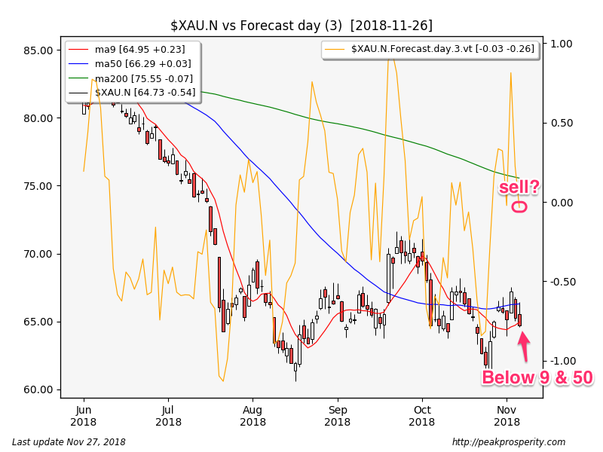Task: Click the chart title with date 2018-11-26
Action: (x=301, y=26)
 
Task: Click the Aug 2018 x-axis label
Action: (x=253, y=416)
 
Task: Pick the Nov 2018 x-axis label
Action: (x=507, y=416)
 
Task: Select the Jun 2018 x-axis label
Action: (x=83, y=416)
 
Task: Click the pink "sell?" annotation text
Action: (x=519, y=187)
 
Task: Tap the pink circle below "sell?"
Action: (x=519, y=206)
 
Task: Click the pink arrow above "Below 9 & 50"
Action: (x=523, y=346)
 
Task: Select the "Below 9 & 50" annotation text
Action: (x=537, y=378)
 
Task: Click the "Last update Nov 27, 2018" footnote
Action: (x=69, y=442)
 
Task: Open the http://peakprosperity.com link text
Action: (x=509, y=442)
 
